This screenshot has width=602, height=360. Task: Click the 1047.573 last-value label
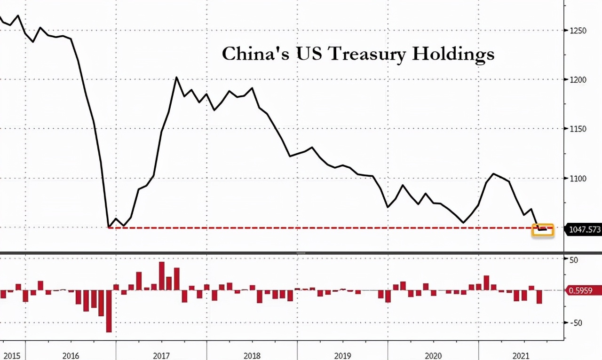coord(584,229)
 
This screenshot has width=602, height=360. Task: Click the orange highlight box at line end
coord(543,230)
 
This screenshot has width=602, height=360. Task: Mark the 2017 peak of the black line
coord(176,78)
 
